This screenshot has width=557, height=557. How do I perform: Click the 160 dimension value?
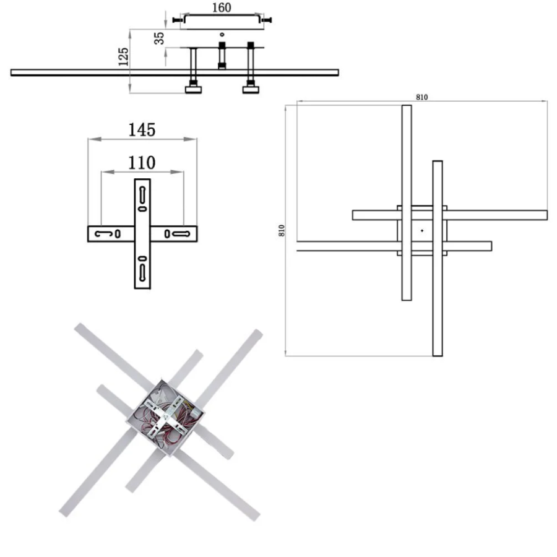[x=222, y=7]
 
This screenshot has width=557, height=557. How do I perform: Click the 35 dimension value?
[x=159, y=38]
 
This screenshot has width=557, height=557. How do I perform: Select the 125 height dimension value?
[x=123, y=57]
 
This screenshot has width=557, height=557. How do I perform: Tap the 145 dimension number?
[x=142, y=130]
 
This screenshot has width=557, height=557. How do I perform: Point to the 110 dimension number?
[x=142, y=163]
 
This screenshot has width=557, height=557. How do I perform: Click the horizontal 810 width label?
[x=421, y=97]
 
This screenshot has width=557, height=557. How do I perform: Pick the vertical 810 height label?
[x=282, y=231]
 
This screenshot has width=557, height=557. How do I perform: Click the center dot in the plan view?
[x=422, y=231]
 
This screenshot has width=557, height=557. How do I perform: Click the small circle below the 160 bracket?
[x=222, y=35]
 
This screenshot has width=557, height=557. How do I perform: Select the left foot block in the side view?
[x=193, y=90]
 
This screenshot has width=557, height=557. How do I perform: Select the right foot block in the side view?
[x=251, y=90]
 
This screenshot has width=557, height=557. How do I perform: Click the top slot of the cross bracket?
[x=142, y=195]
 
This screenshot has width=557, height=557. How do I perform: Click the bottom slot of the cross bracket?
[x=142, y=273]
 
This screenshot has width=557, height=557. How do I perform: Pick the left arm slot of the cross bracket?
[x=103, y=234]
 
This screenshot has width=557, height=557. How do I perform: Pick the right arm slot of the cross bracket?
[x=181, y=234]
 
